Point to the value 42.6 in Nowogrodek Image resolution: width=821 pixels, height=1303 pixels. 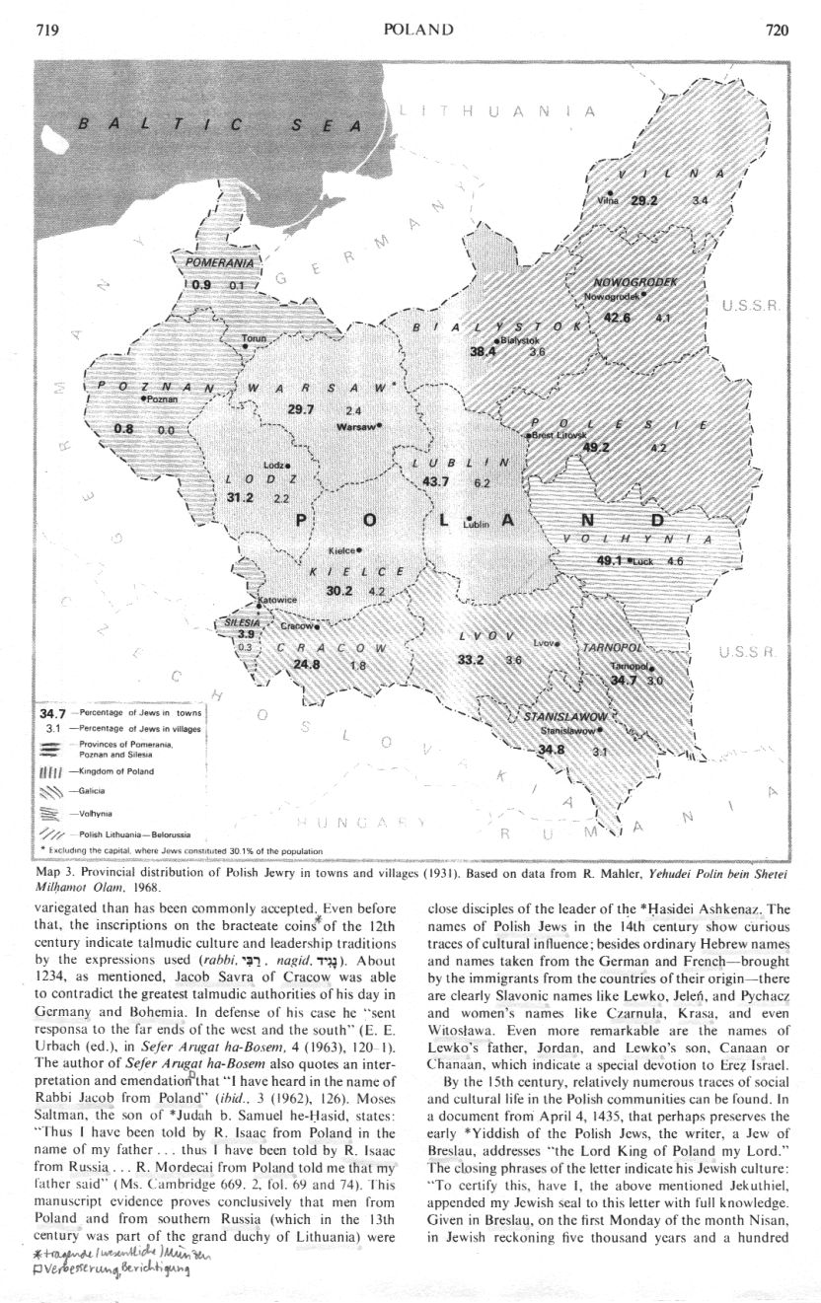[618, 316]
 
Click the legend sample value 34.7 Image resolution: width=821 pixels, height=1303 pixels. [51, 712]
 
